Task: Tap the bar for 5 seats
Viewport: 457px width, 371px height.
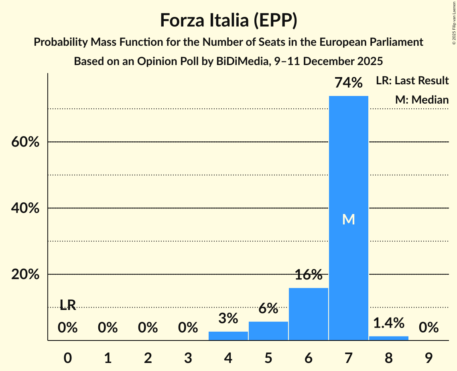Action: point(268,331)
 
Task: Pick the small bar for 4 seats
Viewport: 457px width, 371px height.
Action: point(228,336)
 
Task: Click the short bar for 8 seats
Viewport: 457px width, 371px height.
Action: point(388,338)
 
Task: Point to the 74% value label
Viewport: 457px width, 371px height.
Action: point(348,83)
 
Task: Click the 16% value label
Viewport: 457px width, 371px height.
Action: point(308,275)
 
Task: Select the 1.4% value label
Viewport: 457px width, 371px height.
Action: point(388,322)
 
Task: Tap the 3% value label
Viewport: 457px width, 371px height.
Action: point(228,318)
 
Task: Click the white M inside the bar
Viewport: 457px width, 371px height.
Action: point(348,219)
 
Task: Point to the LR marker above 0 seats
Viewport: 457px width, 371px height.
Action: point(68,305)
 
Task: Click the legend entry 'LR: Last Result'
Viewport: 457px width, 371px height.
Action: point(412,81)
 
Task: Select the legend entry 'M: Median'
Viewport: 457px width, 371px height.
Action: point(422,100)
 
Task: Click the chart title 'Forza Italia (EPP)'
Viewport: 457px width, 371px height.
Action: point(228,20)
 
